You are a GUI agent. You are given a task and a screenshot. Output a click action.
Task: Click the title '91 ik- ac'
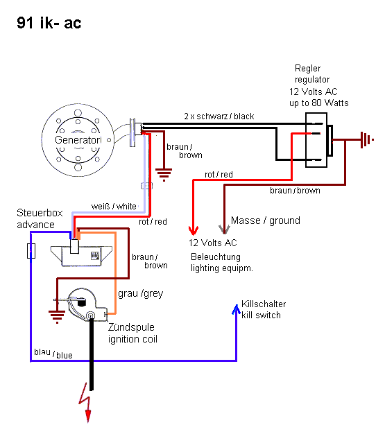tap(49, 23)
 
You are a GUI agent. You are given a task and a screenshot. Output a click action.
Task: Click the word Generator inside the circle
tap(78, 141)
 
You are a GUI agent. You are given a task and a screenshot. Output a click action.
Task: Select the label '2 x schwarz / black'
tap(219, 116)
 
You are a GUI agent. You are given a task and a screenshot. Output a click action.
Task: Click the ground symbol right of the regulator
tap(363, 141)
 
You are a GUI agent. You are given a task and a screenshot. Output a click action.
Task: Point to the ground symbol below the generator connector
tap(164, 173)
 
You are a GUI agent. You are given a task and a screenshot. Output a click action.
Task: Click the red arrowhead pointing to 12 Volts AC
tap(193, 229)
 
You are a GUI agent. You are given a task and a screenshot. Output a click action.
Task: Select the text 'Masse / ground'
tap(265, 220)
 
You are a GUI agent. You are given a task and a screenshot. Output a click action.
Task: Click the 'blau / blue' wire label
tap(53, 354)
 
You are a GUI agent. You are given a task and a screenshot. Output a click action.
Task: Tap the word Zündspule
tap(131, 328)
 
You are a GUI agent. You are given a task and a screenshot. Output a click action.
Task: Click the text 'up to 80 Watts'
tap(318, 103)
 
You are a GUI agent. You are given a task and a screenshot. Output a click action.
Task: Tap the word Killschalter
tap(264, 304)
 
